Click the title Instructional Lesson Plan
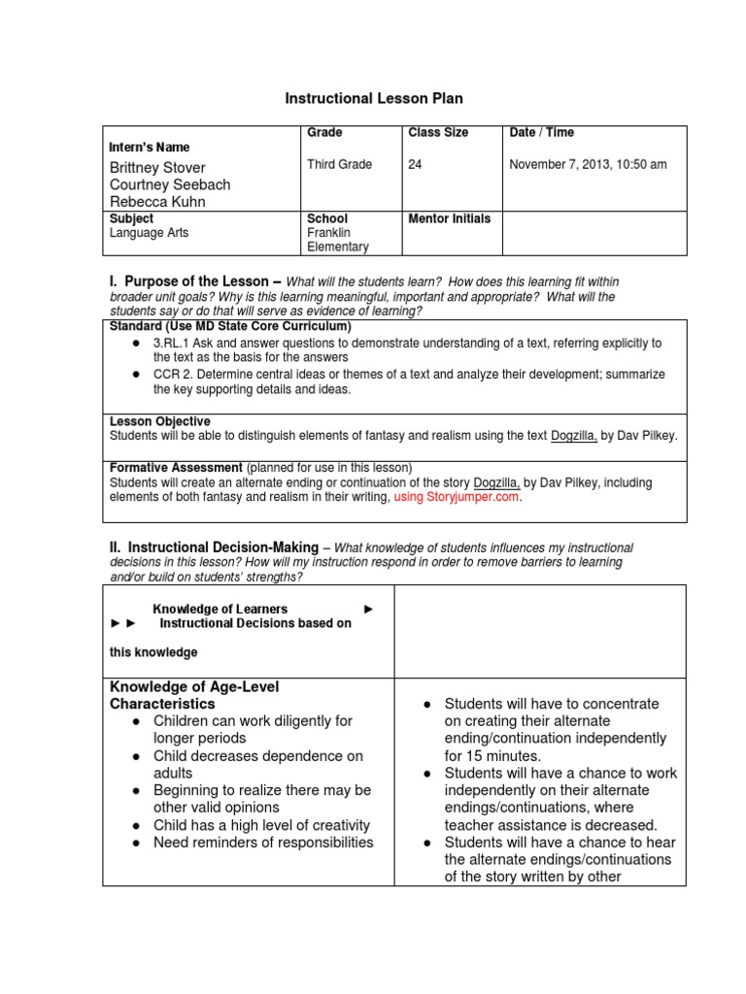coord(373,98)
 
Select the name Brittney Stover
coord(157,167)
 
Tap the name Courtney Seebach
coord(170,184)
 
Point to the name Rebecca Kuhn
coord(157,202)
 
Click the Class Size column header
coord(437,132)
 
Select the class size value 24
coord(415,165)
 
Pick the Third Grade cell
coord(339,165)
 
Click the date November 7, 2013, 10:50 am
coord(588,165)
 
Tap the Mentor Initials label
coord(449,218)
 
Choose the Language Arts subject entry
coord(149,233)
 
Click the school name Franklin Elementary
coord(337,240)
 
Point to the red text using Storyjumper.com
coord(457,497)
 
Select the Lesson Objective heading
coord(159,421)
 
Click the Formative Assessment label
coord(176,468)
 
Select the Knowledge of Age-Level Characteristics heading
coord(194,695)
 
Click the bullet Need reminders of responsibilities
coord(263,843)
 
